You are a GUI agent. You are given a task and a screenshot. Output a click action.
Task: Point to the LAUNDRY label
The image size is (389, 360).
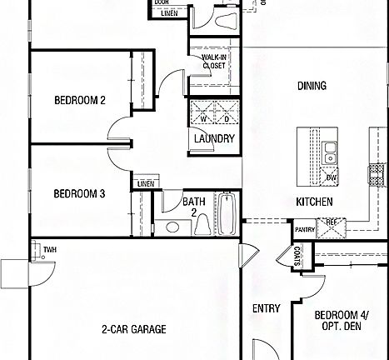tap(214, 138)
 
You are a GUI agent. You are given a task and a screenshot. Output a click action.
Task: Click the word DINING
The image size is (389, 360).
tap(311, 86)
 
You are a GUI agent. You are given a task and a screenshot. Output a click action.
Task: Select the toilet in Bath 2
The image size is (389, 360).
tap(174, 227)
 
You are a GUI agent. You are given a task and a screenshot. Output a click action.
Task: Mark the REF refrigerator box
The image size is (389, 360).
tap(330, 222)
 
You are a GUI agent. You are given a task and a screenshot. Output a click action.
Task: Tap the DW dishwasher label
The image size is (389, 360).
tap(331, 177)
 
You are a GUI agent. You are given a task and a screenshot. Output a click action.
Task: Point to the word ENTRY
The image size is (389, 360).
tap(267, 308)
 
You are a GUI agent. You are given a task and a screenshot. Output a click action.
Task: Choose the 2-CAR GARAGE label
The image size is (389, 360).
tap(133, 329)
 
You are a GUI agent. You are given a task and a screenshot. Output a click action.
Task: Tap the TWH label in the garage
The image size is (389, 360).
tap(49, 248)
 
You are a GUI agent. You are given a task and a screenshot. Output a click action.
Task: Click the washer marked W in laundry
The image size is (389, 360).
tap(202, 118)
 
